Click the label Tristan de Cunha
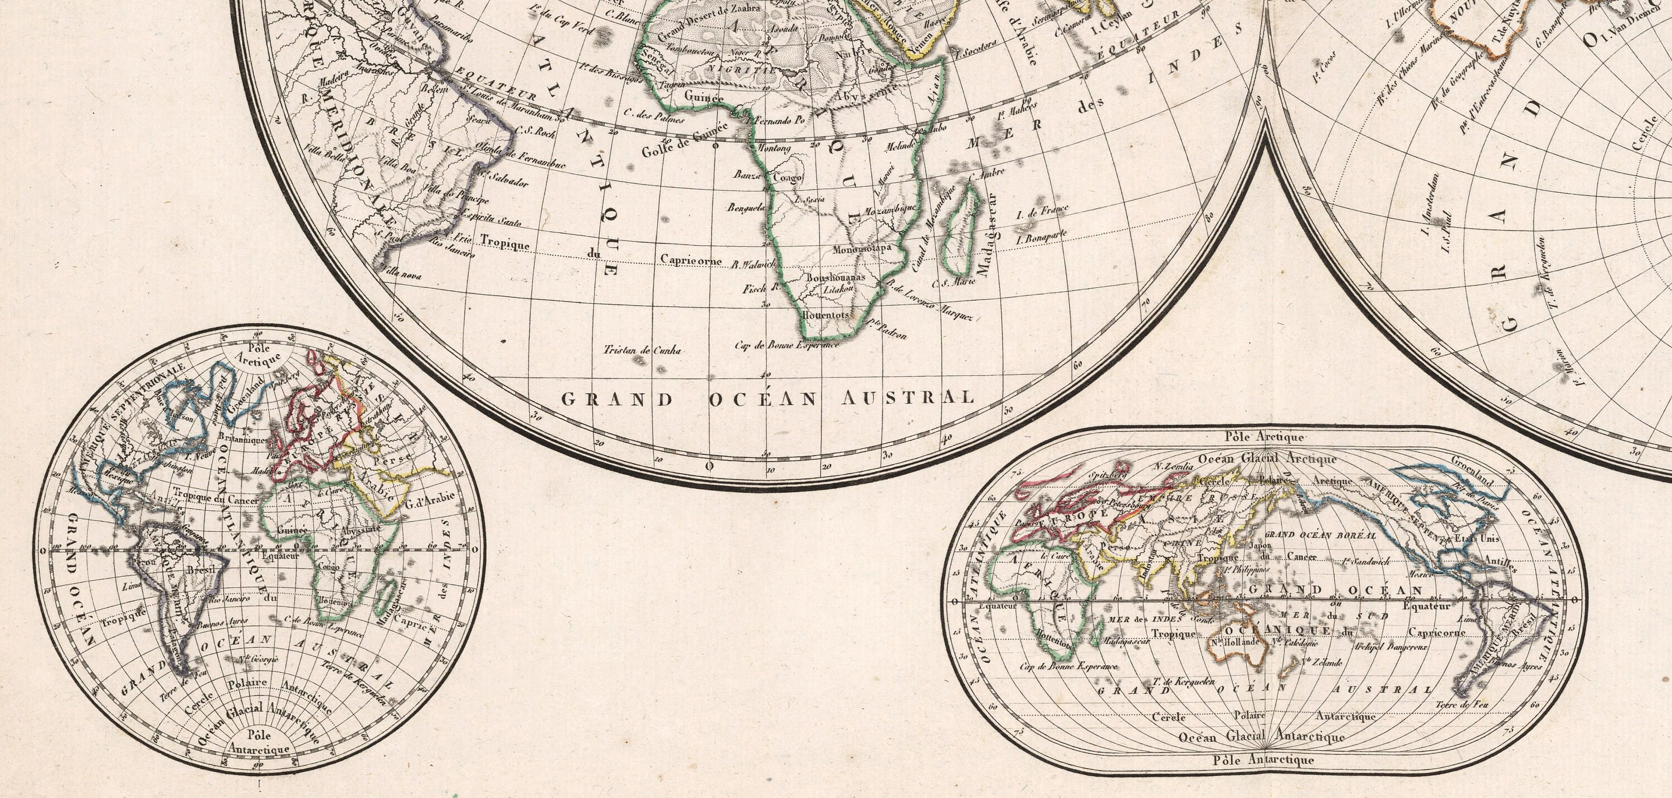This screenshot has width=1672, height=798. pos(642,350)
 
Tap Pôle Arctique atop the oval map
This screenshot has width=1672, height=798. pos(1262,437)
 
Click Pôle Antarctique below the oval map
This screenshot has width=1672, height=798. pos(1263,760)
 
